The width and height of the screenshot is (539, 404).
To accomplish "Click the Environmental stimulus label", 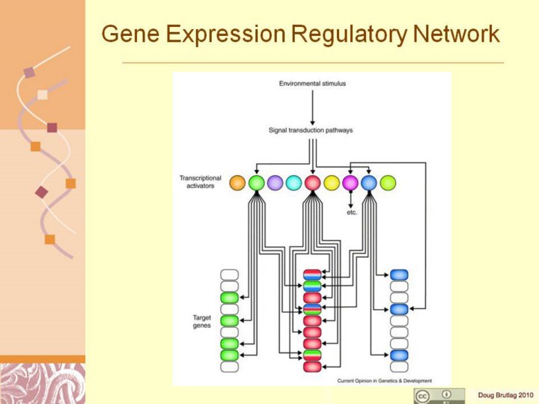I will click(x=312, y=84).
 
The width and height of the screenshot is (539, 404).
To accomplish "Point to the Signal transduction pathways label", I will click(x=311, y=130).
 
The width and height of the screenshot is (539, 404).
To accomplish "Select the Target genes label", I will click(x=202, y=322).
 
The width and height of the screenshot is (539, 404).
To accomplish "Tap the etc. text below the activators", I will click(x=352, y=212).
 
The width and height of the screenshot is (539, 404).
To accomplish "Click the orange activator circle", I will click(x=237, y=183).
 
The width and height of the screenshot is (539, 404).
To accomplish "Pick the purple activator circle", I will click(x=275, y=183).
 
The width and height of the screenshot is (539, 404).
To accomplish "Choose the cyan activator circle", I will click(x=293, y=183).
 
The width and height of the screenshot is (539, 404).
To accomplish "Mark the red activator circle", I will click(x=313, y=183).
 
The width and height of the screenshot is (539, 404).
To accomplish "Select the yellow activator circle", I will click(x=332, y=183).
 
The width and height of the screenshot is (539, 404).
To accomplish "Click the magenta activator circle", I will click(x=350, y=183).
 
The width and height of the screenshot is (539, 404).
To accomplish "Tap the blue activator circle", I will click(x=369, y=183).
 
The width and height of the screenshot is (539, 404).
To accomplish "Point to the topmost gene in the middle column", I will click(x=312, y=275).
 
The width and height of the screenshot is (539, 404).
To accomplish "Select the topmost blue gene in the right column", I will click(x=399, y=275).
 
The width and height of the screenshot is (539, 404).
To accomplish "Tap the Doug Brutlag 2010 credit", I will click(x=505, y=394).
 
